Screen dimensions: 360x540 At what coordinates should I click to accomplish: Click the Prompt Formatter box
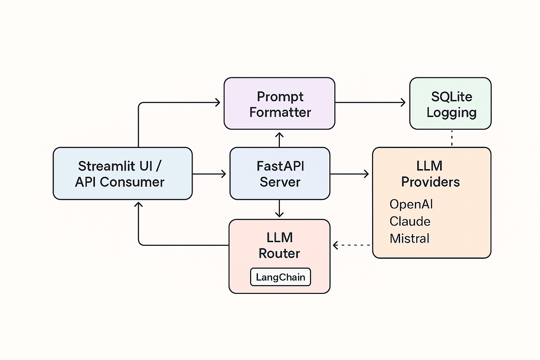point(279,104)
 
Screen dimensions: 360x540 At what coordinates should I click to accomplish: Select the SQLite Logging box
point(450,104)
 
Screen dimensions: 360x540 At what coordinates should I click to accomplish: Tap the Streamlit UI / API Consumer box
point(122,174)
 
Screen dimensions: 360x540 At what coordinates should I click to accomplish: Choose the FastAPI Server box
point(279,174)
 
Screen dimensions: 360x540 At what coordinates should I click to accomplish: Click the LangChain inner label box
point(280,277)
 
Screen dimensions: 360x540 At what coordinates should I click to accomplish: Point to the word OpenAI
point(411,204)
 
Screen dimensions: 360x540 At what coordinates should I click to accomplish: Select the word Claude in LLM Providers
point(409,221)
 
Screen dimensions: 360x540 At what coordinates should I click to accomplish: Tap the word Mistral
point(409,238)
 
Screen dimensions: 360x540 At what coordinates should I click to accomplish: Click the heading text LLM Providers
point(430,174)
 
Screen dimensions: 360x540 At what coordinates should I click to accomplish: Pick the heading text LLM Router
point(279,245)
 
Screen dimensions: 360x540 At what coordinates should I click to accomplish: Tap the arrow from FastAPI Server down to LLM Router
point(279,208)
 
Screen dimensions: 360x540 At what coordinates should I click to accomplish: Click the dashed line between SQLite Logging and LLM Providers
point(451,138)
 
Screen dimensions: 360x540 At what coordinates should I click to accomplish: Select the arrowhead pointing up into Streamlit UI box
point(139,205)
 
